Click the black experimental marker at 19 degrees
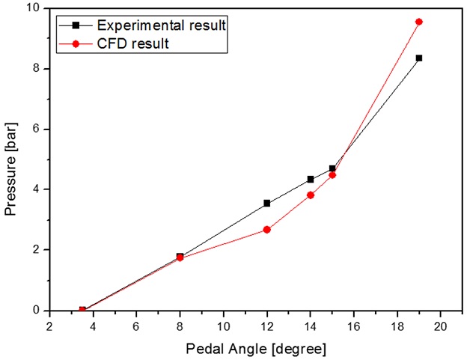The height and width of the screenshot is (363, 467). [419, 58]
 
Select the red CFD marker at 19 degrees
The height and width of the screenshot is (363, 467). [419, 22]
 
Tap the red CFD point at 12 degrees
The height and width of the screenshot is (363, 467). [266, 229]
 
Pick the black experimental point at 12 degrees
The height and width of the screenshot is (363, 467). [266, 203]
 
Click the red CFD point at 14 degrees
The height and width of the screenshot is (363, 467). [311, 195]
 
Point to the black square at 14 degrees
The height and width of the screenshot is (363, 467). [311, 179]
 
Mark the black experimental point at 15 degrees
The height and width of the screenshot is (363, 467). [332, 168]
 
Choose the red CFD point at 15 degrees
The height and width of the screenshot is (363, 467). [332, 174]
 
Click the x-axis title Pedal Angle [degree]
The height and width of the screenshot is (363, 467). [246, 350]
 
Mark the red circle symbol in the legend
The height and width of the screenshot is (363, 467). [76, 43]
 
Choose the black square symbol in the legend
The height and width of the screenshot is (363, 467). [76, 25]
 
